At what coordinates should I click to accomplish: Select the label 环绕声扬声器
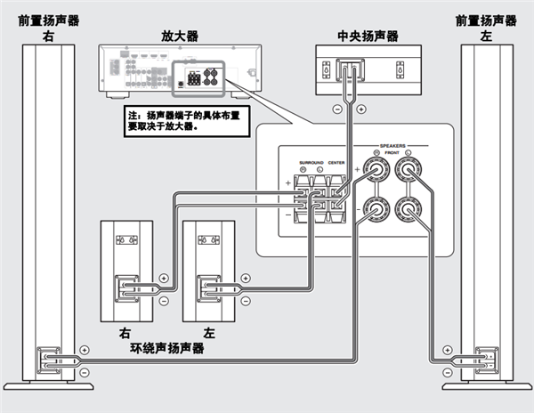click(x=167, y=348)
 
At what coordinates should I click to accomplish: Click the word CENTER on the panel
click(x=336, y=162)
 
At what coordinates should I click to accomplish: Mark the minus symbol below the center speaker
click(x=336, y=109)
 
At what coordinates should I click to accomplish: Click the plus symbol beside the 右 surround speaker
click(x=165, y=279)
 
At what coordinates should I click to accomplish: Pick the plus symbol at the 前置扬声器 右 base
click(x=85, y=352)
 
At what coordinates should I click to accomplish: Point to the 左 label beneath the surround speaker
click(x=209, y=332)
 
